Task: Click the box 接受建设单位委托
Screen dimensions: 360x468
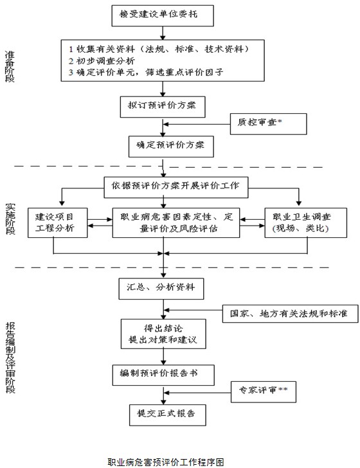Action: [x=163, y=15]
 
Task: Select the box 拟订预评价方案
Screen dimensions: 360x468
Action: [x=163, y=107]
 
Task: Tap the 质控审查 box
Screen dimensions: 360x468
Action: [x=268, y=124]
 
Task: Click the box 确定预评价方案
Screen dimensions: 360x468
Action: [x=171, y=147]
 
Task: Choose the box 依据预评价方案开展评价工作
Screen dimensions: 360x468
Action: [x=175, y=188]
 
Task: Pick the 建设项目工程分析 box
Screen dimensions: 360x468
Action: [x=58, y=223]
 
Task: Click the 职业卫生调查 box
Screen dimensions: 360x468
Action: [x=305, y=223]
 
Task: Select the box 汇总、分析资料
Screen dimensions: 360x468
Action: [x=161, y=289]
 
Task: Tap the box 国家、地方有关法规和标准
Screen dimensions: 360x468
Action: [x=290, y=314]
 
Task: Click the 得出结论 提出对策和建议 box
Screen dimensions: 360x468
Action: [x=163, y=334]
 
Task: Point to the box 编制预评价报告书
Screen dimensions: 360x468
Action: [x=163, y=375]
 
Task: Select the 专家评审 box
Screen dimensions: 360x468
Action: [x=264, y=392]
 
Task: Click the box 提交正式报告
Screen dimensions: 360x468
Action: [x=167, y=415]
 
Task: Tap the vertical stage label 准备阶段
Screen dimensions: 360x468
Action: [x=10, y=66]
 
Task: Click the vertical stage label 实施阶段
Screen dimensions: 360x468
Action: [x=10, y=219]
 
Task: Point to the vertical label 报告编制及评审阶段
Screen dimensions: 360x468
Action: [x=10, y=358]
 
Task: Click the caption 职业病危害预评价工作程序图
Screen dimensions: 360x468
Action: [x=166, y=462]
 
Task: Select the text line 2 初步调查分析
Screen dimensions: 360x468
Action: [x=102, y=61]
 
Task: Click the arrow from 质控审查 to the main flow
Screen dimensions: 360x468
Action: [x=197, y=124]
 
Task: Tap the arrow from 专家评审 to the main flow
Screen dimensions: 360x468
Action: [x=197, y=392]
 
